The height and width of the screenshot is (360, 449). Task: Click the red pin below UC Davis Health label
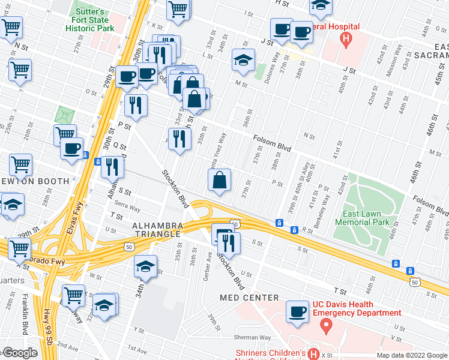pos(327,326)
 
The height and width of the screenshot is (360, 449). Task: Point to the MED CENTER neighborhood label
pos(249,298)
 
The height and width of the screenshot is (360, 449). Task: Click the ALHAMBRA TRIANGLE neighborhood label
pos(148,229)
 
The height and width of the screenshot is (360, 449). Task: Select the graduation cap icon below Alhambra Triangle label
pos(145,266)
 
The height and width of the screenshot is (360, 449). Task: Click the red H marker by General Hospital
pos(345,40)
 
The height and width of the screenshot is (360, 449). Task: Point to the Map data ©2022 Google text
pos(412,355)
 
